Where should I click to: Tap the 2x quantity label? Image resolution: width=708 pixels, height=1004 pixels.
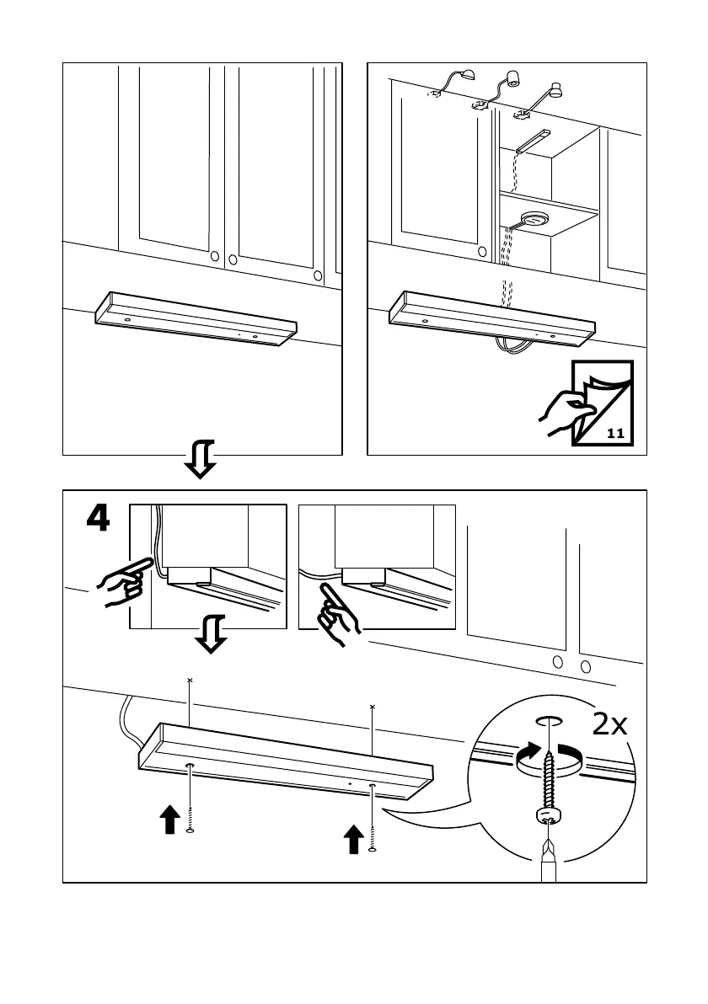coord(609,724)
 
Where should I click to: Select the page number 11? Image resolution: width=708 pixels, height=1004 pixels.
coord(614,435)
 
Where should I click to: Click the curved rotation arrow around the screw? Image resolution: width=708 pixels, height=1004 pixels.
coord(548,757)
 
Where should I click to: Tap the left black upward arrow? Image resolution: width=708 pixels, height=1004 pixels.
coord(169,817)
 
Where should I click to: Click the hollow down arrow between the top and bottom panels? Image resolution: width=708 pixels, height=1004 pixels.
coord(201,458)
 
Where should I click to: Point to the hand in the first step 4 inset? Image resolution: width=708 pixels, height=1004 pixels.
coord(118,584)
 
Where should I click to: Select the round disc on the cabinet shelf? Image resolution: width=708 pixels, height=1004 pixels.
coord(531,220)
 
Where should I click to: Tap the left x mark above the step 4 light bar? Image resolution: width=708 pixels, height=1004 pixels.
coord(190,679)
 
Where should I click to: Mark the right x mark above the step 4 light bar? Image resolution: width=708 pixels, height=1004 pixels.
coord(372,707)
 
